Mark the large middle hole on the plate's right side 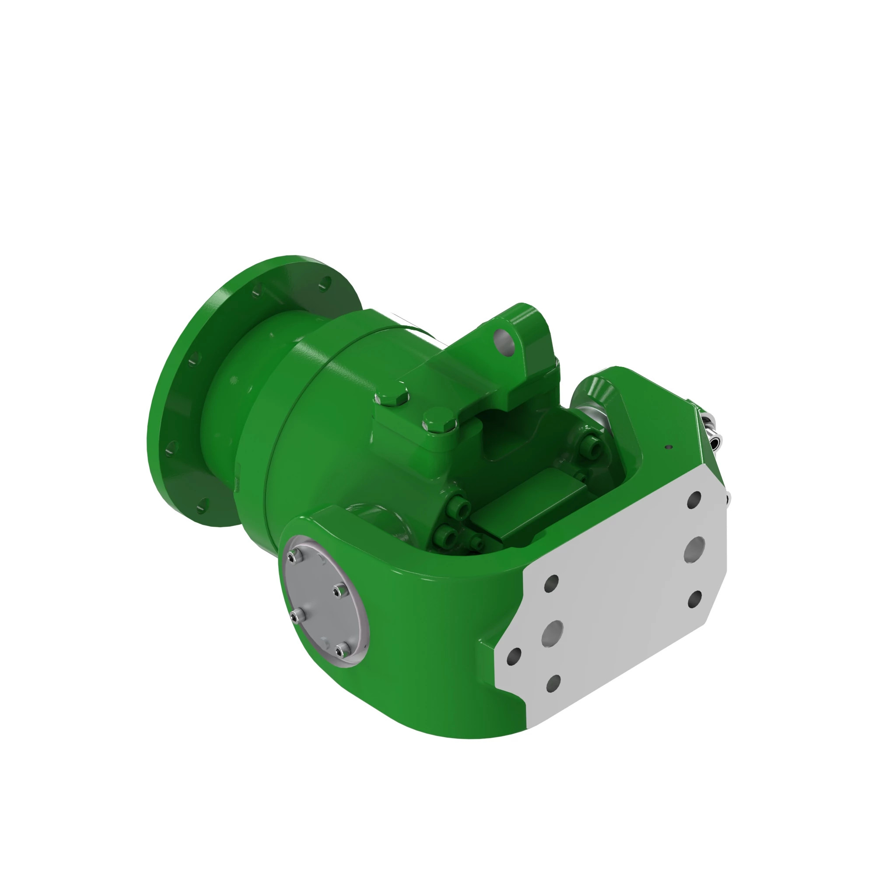[694, 550]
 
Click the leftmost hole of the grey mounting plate [514, 656]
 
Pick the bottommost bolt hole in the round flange [202, 506]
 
